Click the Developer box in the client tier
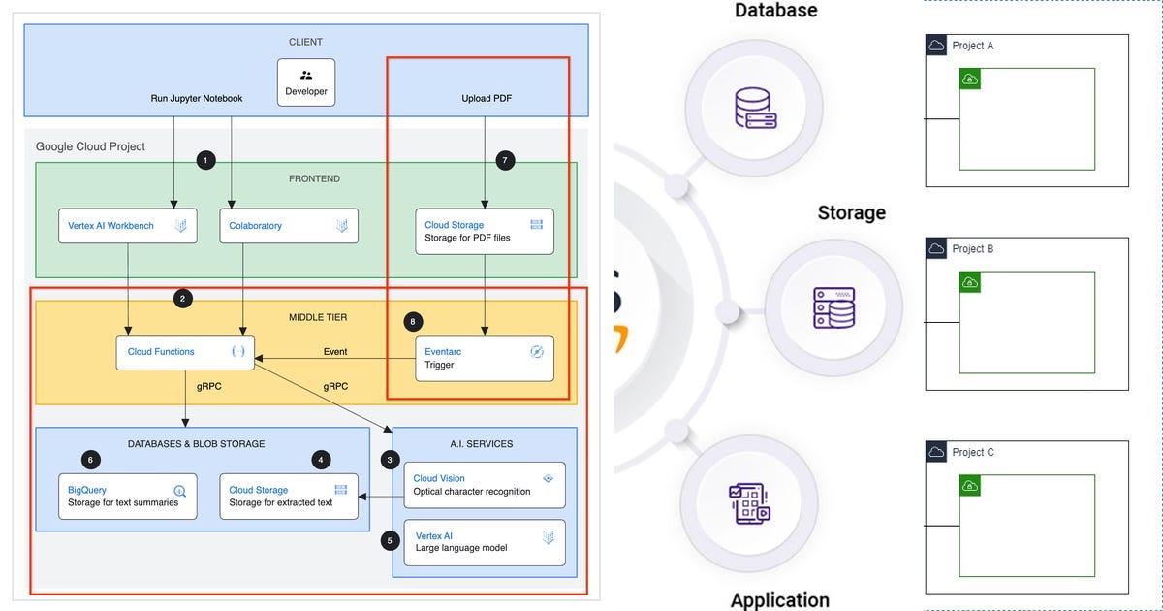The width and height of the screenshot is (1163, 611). pyautogui.click(x=306, y=82)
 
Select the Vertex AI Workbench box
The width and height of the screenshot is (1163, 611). pyautogui.click(x=128, y=225)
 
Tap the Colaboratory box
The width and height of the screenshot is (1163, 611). pyautogui.click(x=289, y=225)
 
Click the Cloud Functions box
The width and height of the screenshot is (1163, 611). pyautogui.click(x=185, y=352)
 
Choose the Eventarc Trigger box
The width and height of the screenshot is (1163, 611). pyautogui.click(x=485, y=358)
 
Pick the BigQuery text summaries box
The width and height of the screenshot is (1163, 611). pyautogui.click(x=128, y=497)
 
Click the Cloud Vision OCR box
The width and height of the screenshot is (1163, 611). pyautogui.click(x=485, y=485)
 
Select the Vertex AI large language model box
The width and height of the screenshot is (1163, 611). pyautogui.click(x=485, y=542)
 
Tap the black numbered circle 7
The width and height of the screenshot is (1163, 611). pyautogui.click(x=505, y=160)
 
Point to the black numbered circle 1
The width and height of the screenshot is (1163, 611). pyautogui.click(x=206, y=160)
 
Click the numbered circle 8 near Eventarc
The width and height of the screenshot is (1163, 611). pyautogui.click(x=413, y=322)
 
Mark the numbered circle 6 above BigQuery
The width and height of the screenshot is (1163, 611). pyautogui.click(x=91, y=460)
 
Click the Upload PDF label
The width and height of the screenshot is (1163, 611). pyautogui.click(x=487, y=98)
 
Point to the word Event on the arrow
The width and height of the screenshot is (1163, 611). pyautogui.click(x=335, y=352)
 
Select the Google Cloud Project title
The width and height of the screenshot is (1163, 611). pyautogui.click(x=90, y=146)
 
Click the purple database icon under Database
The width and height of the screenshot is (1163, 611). pyautogui.click(x=755, y=108)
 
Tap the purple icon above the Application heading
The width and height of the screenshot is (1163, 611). pyautogui.click(x=749, y=503)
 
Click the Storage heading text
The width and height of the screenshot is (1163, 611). pyautogui.click(x=852, y=212)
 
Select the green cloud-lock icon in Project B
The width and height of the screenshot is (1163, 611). pyautogui.click(x=970, y=282)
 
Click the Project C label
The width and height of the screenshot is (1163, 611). pyautogui.click(x=973, y=452)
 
